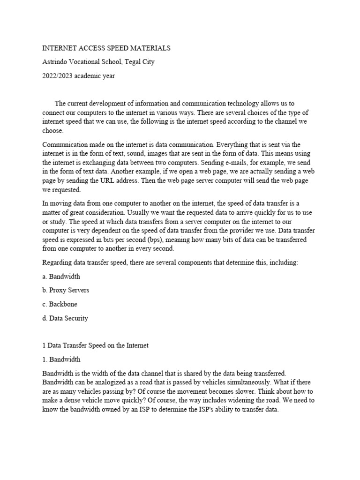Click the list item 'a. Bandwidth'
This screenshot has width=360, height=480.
[x=61, y=277]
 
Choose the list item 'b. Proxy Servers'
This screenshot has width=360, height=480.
[x=66, y=290]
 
